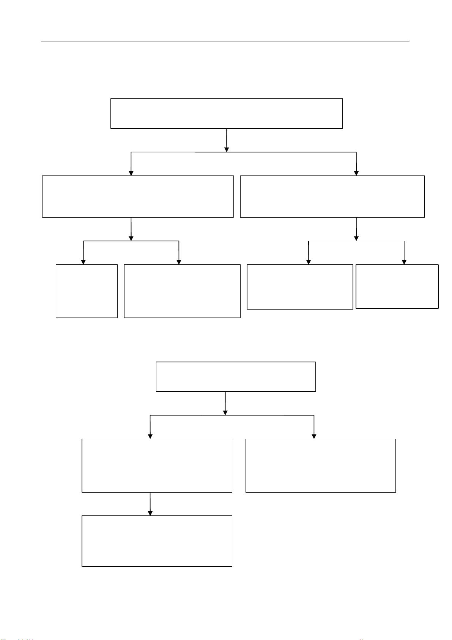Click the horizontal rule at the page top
coord(225,41)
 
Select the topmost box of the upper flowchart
coord(227,114)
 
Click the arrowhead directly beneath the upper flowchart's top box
coord(227,149)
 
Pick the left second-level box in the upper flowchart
coord(138,196)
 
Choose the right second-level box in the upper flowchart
coord(332,196)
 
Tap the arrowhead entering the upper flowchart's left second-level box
coord(131,173)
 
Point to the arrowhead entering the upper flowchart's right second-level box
coord(356,173)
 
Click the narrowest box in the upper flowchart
coord(87,291)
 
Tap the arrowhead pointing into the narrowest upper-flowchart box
coord(83,262)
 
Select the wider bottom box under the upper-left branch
coord(182,291)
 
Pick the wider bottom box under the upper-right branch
coord(300,287)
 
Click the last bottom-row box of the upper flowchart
coord(397,286)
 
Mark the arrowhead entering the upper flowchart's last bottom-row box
coord(404,262)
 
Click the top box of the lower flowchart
coord(236,376)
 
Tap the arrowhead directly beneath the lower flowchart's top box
coord(226,412)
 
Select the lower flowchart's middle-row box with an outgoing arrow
coord(157,465)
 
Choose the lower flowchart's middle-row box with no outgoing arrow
coord(321,465)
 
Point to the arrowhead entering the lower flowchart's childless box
coord(314,436)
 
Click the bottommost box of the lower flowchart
coord(157,541)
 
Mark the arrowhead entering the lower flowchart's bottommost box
coord(150,513)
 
